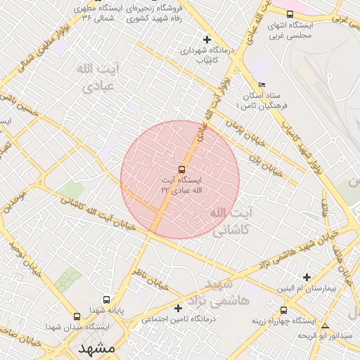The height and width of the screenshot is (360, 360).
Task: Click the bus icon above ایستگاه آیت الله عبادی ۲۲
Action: click(x=182, y=169)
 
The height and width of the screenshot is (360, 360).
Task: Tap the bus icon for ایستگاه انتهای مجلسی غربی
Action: click(x=290, y=14)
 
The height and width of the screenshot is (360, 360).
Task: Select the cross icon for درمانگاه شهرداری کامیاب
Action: click(x=206, y=39)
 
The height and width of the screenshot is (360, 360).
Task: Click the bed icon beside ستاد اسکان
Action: click(x=262, y=84)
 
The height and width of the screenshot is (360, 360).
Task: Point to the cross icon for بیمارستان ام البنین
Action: click(x=306, y=277)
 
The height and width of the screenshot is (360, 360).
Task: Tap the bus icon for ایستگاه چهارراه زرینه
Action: click(x=283, y=310)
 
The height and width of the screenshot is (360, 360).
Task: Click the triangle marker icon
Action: click(x=325, y=326)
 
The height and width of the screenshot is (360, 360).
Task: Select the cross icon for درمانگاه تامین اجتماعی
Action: click(x=178, y=308)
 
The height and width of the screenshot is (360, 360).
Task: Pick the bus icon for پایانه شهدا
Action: click(x=106, y=299)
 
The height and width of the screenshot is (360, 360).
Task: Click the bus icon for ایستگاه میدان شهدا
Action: click(x=77, y=317)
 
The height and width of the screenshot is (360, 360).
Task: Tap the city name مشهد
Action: click(x=97, y=348)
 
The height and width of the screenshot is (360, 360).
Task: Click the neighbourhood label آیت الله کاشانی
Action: click(x=227, y=220)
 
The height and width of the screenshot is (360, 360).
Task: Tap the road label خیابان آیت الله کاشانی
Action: click(x=98, y=213)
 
